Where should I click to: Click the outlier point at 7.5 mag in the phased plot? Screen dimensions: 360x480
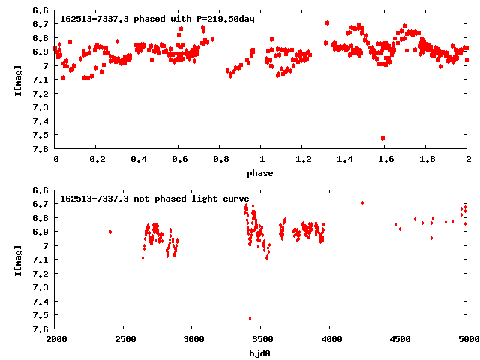(x=383, y=138)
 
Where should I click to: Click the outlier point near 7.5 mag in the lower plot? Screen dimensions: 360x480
(x=250, y=318)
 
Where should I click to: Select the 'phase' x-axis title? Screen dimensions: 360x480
(x=262, y=173)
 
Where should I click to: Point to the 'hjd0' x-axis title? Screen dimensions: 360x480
(x=262, y=353)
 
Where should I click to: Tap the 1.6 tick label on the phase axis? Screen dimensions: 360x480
(x=385, y=160)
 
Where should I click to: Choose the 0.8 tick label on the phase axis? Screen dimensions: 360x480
(x=220, y=160)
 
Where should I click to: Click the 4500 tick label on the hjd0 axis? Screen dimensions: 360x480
(x=399, y=340)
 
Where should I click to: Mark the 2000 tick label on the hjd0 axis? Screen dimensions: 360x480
(x=56, y=340)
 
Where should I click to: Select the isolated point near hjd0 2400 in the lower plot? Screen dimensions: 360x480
(x=110, y=232)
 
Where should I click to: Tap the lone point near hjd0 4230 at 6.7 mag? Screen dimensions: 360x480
(x=362, y=202)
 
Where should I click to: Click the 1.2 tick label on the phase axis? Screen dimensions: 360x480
(x=303, y=160)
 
